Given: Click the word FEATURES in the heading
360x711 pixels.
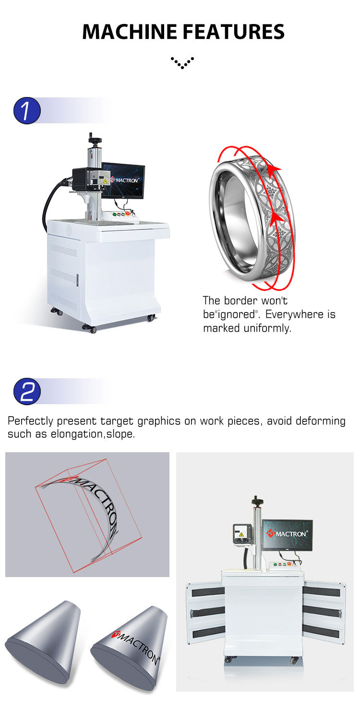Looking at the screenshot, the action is pos(233,32).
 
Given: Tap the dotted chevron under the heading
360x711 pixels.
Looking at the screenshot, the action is pos(182,62).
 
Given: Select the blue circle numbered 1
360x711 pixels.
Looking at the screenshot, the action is pos(27,110).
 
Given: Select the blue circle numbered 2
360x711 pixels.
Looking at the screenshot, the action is pos(27,391).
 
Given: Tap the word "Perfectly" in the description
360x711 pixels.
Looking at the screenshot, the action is pos(30,421).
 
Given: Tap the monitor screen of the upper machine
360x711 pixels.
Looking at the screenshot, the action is pos(124,181).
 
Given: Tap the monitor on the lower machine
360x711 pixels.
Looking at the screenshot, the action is pos(288,535).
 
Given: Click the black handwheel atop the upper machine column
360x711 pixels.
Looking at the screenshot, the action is pos(95,139).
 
